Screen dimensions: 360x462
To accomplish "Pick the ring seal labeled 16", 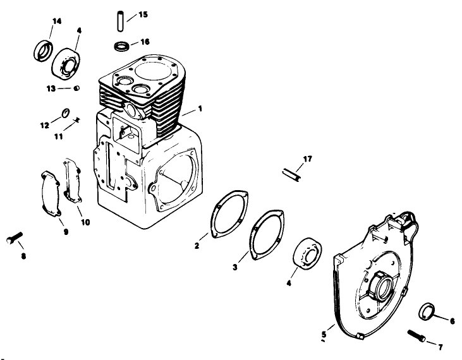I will pyautogui.click(x=122, y=45).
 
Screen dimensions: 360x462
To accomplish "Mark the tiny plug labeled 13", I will pyautogui.click(x=76, y=88).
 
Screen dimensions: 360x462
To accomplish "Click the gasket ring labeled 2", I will pyautogui.click(x=226, y=213).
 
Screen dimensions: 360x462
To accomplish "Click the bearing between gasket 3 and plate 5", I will pyautogui.click(x=309, y=255).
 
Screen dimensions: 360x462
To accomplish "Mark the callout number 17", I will pyautogui.click(x=308, y=159).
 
